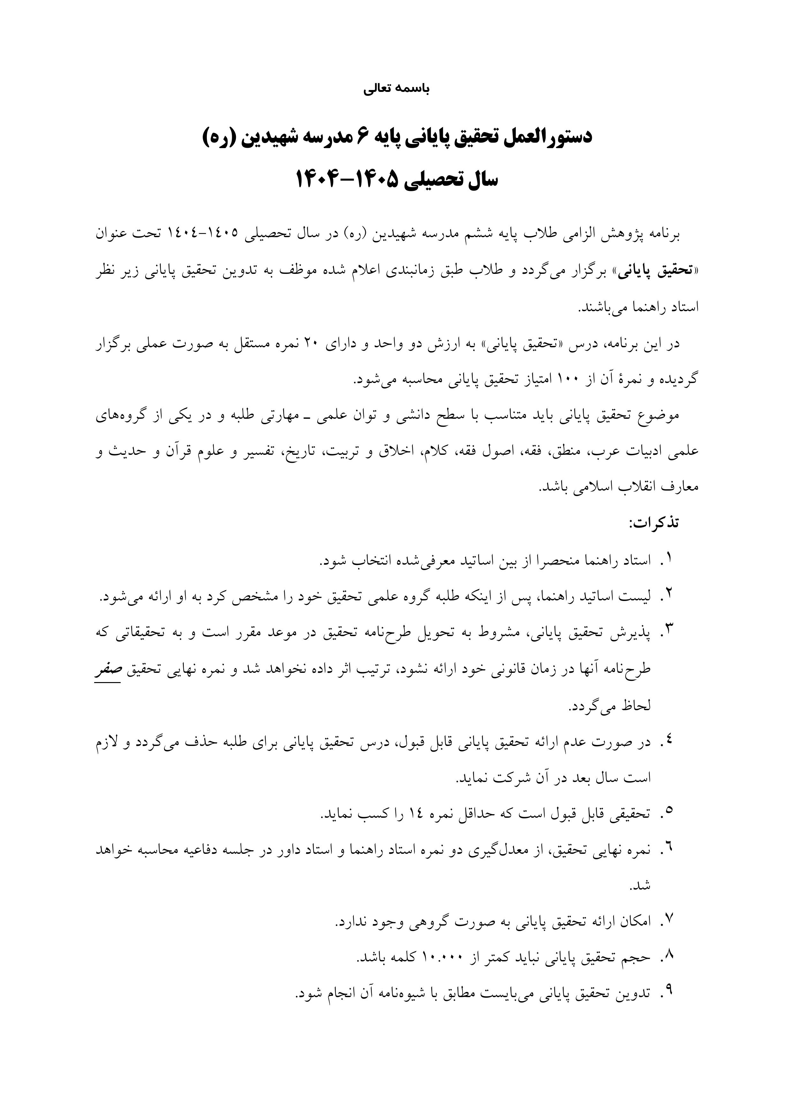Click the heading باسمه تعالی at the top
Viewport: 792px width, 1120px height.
tap(396, 89)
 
